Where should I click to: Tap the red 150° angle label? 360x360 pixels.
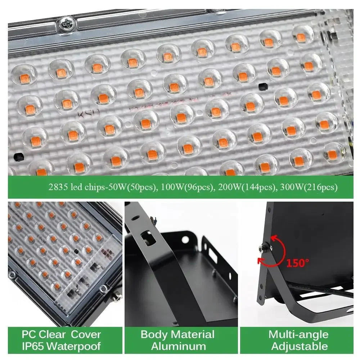point(298,263)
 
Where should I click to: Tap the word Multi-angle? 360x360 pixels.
point(298,334)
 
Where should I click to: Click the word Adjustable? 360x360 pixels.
point(299,346)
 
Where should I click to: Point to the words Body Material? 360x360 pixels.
point(177,334)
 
